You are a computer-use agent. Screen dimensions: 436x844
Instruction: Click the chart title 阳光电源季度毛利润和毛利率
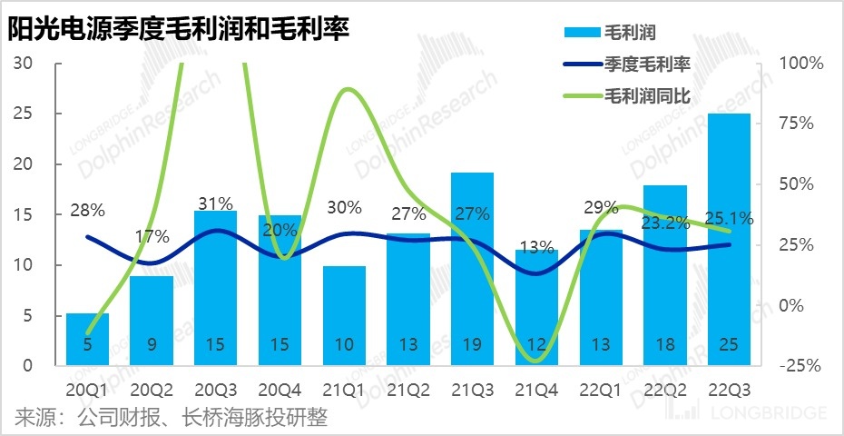tap(178, 31)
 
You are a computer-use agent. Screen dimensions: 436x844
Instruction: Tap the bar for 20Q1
tap(88, 340)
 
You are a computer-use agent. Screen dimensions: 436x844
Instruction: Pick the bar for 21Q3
tap(473, 270)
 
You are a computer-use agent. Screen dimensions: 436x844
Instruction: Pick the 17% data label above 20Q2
tap(152, 237)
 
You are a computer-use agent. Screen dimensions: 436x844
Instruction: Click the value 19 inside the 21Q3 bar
tap(473, 345)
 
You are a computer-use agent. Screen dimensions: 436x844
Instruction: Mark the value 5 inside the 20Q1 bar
tap(88, 345)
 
